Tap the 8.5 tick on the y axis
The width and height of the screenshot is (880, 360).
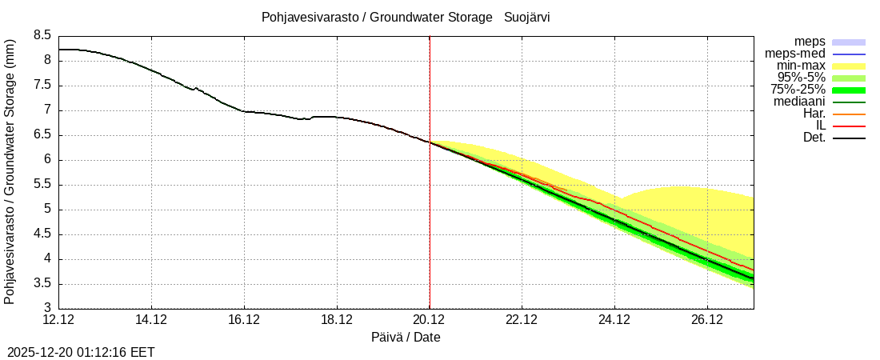42,35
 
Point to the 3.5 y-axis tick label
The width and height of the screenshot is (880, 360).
42,284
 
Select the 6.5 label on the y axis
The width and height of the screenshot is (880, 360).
42,135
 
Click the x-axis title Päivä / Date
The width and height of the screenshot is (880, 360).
406,338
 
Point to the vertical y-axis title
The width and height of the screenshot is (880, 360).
10,171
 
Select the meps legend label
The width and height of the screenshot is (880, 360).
810,42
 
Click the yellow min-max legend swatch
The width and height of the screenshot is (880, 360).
849,66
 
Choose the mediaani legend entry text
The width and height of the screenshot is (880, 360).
799,102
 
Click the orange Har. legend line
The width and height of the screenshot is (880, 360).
849,114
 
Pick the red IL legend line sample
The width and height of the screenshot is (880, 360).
849,126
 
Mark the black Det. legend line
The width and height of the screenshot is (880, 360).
849,138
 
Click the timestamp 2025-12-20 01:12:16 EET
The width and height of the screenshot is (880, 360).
81,352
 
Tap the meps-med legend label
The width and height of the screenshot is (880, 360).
795,54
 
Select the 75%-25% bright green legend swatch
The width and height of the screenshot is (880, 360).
849,90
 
